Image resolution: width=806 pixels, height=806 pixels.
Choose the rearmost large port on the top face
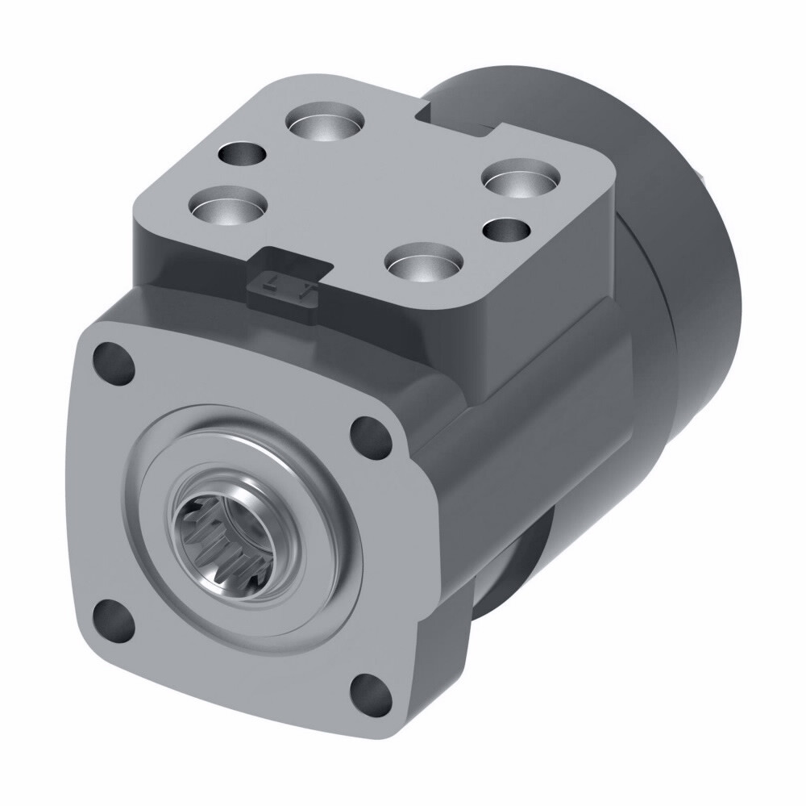coord(326,125)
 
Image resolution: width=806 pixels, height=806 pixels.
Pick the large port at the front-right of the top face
coord(422,262)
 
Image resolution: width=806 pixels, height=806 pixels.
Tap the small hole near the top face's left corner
coord(243,152)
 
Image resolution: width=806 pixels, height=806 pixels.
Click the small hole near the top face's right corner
coord(506,230)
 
